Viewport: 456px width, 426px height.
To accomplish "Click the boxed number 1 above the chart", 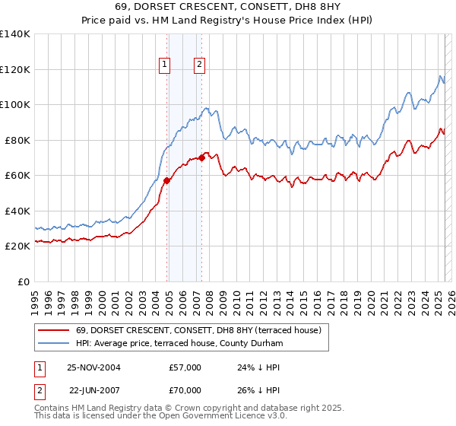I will [x=164, y=65].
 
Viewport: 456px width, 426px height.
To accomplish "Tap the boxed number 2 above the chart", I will [x=199, y=65].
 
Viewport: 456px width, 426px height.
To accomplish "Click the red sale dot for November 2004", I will [x=166, y=180].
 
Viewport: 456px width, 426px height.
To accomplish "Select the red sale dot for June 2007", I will [x=201, y=157].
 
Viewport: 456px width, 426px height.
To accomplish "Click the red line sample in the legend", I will [x=52, y=331].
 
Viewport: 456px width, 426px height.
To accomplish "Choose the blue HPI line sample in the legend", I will [x=52, y=344].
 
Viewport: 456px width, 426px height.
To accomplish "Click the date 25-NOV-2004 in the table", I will [x=93, y=367].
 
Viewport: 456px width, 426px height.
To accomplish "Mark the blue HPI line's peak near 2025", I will [x=440, y=75].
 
